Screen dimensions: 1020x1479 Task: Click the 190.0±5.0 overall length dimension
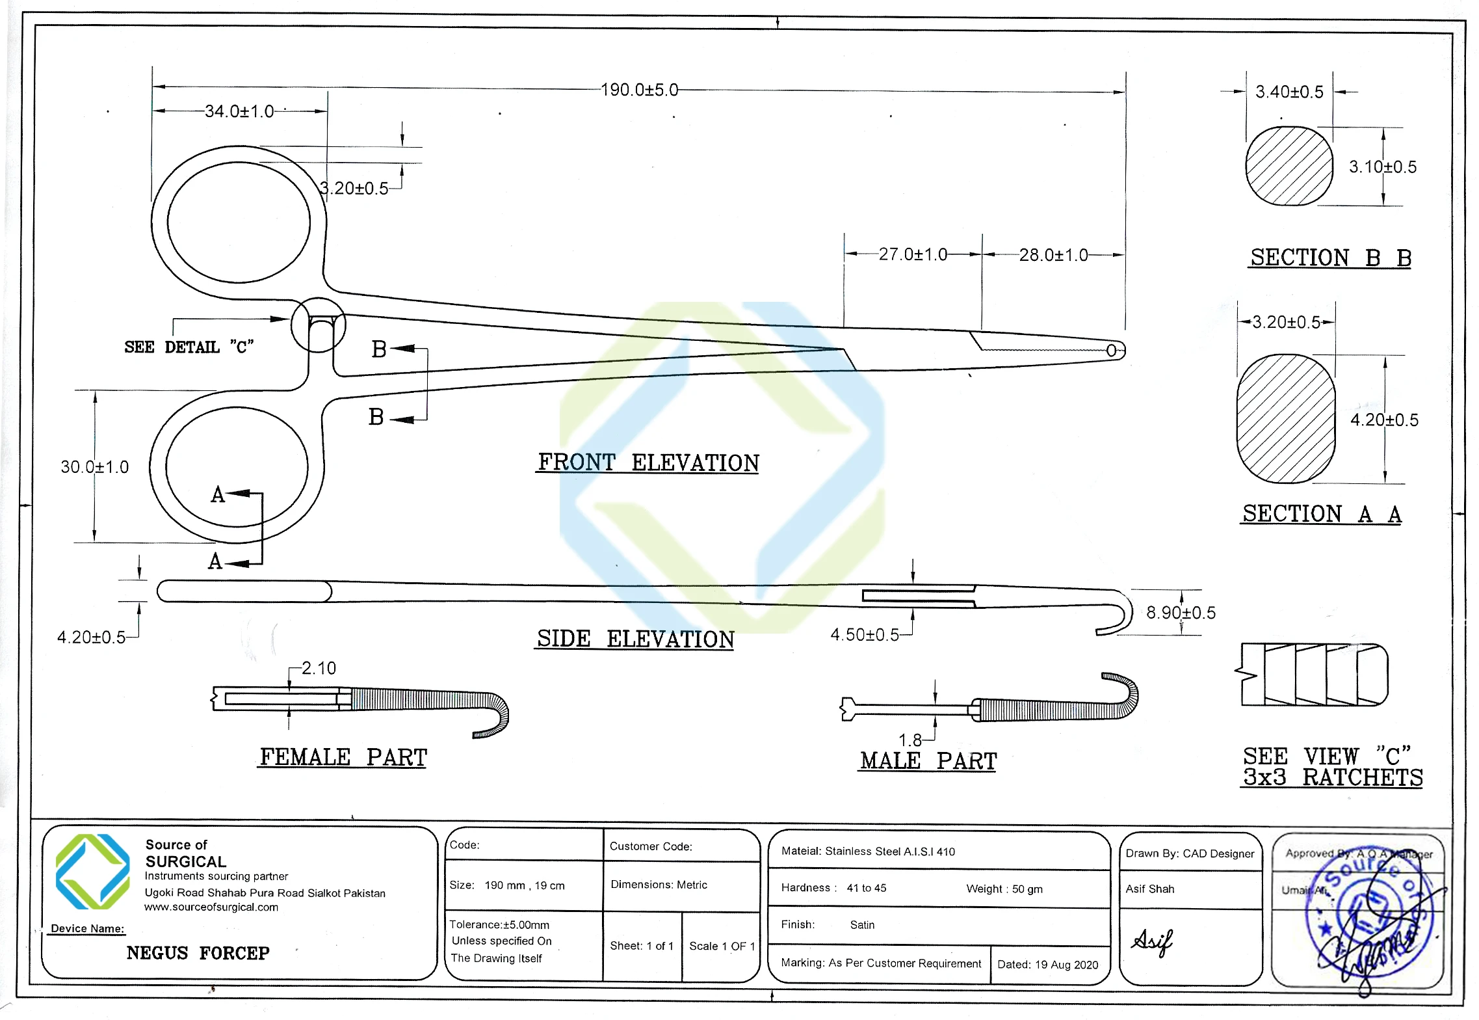639,90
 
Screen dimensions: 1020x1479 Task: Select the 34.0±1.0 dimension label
239,111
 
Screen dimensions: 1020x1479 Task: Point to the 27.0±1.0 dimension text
913,254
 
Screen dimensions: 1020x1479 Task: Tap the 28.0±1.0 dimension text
1053,255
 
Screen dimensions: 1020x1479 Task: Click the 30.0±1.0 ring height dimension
95,467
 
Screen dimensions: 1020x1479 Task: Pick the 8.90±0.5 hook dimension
1181,613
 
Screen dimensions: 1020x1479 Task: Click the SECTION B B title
1330,258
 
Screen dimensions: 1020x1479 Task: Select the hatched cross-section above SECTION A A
1286,419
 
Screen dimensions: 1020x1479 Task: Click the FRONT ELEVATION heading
648,463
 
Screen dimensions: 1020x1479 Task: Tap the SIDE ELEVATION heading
635,639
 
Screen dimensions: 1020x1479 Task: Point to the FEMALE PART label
343,757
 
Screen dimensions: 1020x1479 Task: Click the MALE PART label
928,760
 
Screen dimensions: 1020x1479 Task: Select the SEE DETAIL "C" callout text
189,347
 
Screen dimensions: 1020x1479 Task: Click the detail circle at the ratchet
318,325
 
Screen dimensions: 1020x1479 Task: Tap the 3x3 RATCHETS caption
1333,777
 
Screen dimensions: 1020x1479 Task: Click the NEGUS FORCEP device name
198,953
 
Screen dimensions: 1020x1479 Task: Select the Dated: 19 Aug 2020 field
1047,965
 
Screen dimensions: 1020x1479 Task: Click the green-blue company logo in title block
93,872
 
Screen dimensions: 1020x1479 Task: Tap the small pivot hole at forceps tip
1111,351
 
